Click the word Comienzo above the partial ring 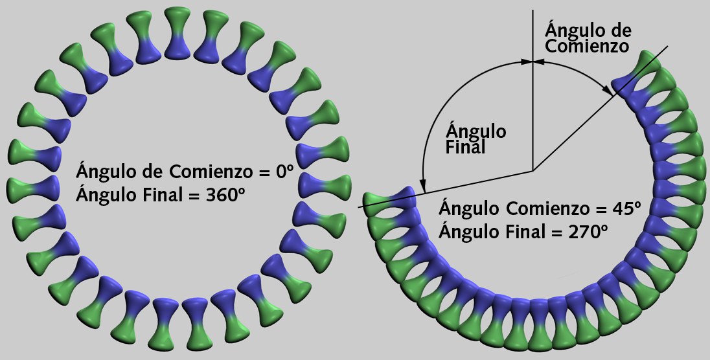[587, 47]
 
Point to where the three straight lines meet [532, 171]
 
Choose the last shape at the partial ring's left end [389, 202]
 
